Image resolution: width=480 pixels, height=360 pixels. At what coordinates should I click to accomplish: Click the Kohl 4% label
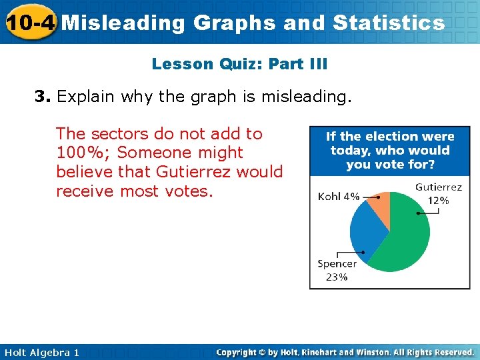pyautogui.click(x=339, y=197)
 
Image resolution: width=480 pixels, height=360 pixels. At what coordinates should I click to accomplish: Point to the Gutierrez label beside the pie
pyautogui.click(x=438, y=187)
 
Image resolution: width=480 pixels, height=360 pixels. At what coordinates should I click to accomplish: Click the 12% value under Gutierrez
pyautogui.click(x=438, y=200)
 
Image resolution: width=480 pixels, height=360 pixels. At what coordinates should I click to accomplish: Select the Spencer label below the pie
pyautogui.click(x=337, y=263)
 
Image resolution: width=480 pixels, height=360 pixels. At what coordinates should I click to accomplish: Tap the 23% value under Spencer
pyautogui.click(x=337, y=277)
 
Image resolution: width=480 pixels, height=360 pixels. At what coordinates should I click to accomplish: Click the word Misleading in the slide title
pyautogui.click(x=123, y=23)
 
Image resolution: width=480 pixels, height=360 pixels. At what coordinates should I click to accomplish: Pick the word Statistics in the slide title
pyautogui.click(x=389, y=23)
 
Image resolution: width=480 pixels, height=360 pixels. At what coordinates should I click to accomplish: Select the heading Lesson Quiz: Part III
pyautogui.click(x=239, y=64)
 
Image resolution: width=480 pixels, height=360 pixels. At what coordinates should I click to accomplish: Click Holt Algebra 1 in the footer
pyautogui.click(x=41, y=352)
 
